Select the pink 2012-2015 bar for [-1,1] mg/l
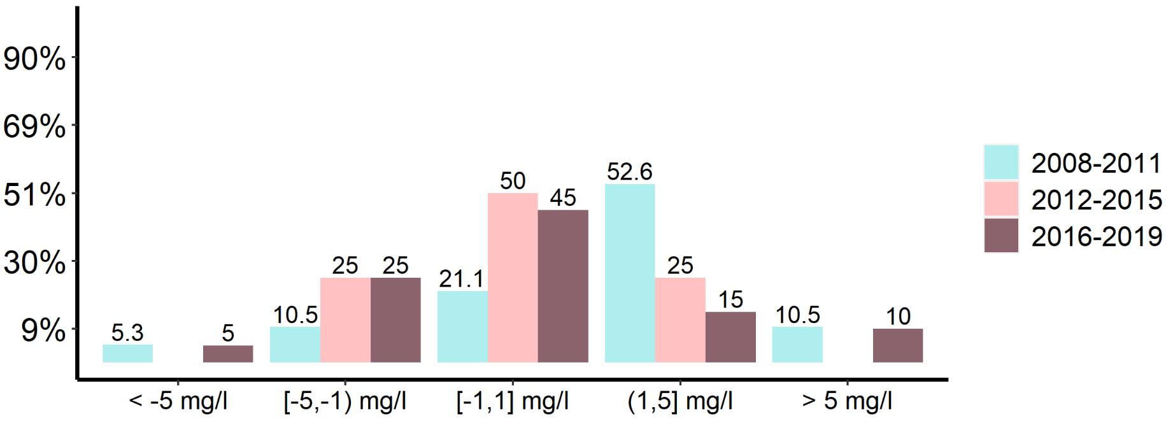[x=513, y=277]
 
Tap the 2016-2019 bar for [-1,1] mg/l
[x=563, y=285]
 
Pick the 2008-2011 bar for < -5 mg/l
[x=127, y=353]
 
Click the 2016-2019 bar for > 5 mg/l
[x=898, y=345]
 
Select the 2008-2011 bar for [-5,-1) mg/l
[x=295, y=344]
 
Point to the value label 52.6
[x=630, y=172]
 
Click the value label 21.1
[x=462, y=279]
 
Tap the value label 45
[x=563, y=198]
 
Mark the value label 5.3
[x=127, y=333]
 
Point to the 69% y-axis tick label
[x=34, y=127]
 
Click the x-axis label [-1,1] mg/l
[x=513, y=402]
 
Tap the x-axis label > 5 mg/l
[x=848, y=402]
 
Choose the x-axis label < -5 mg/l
[x=178, y=402]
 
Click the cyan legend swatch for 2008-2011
[x=1001, y=162]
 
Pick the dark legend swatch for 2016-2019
[x=1001, y=236]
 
